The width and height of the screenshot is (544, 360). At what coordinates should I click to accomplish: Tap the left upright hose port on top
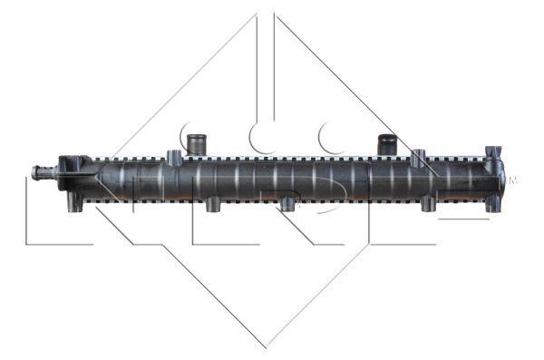click(195, 143)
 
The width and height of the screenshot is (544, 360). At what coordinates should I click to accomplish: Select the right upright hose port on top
click(387, 144)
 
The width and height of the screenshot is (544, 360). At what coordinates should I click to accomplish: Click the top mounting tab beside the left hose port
click(172, 156)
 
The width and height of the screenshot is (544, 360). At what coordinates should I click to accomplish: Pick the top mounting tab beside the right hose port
click(418, 157)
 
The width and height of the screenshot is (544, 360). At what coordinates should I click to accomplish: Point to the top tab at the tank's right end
click(492, 152)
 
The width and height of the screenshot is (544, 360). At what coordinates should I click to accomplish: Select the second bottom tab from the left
click(212, 205)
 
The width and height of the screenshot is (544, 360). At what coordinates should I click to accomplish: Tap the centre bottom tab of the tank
click(288, 205)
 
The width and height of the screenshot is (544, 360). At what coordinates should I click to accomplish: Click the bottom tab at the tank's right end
click(492, 205)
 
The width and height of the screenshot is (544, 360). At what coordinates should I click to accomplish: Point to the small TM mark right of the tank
click(513, 180)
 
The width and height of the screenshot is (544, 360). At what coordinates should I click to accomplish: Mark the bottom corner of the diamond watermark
click(265, 345)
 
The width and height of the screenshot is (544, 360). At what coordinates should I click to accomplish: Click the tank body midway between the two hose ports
click(291, 179)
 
